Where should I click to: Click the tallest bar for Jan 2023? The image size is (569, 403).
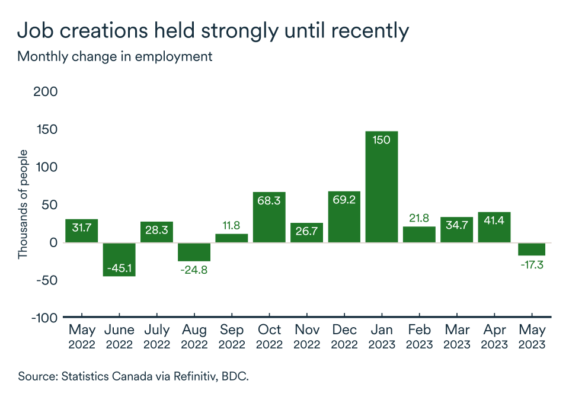(381, 190)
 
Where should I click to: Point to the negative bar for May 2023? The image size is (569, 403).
(531, 249)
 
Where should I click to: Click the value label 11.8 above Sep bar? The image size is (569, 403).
(232, 226)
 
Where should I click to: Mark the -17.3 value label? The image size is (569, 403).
(531, 265)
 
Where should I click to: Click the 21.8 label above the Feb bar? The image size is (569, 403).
(418, 218)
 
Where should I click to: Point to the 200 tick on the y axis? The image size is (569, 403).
(47, 92)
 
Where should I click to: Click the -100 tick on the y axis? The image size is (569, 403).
(44, 318)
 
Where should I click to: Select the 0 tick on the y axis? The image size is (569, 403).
(53, 242)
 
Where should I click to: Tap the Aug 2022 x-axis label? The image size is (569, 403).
(194, 336)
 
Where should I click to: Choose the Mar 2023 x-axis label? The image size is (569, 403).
(456, 336)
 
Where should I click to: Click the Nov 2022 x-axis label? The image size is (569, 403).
(306, 336)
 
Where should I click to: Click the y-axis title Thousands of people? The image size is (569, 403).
(23, 204)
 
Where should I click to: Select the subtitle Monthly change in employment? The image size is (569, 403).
(114, 57)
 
